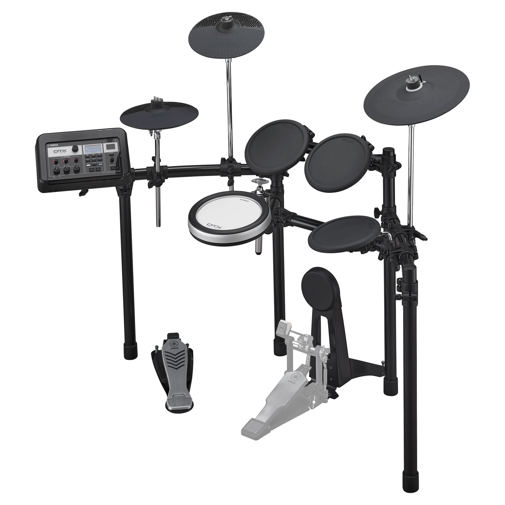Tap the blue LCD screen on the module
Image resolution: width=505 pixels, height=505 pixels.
pos(93,149)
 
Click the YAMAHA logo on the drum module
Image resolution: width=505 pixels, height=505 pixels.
pos(53,145)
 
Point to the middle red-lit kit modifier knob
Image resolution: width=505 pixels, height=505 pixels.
pos(66,161)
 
